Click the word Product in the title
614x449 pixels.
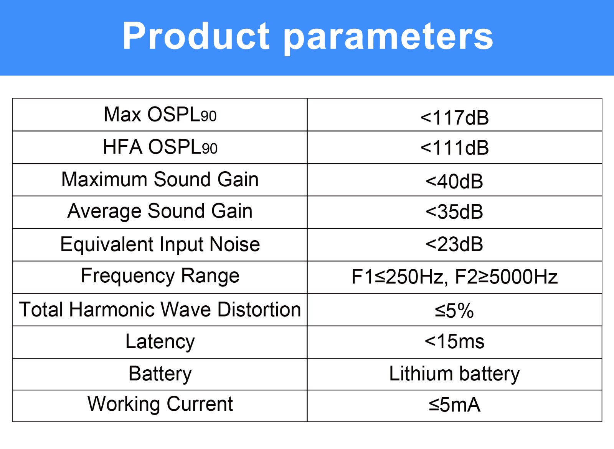196,36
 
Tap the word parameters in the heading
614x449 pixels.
388,38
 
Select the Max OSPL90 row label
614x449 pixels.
160,115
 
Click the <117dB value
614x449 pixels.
454,118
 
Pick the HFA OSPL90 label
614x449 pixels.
160,147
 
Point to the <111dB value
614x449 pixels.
454,147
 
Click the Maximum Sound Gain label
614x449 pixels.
160,180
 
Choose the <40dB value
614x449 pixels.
454,181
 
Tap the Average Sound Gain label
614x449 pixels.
160,211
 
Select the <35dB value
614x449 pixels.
454,212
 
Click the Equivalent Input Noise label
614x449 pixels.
160,244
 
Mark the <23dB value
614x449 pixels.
454,244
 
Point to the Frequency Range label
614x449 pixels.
160,276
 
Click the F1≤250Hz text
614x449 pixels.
398,277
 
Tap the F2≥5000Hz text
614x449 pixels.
507,277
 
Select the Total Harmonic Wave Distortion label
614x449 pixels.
160,310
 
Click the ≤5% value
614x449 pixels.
454,311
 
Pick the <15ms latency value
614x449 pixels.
454,341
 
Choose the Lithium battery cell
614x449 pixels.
454,374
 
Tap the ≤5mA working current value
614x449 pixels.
454,405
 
